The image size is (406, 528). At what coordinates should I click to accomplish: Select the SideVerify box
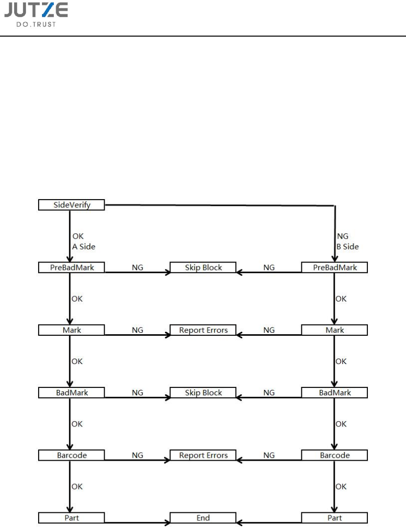[x=72, y=205]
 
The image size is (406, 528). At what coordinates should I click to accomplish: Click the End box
[x=203, y=518]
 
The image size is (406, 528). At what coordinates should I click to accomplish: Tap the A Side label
[x=84, y=246]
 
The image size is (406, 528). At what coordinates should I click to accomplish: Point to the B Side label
[x=347, y=246]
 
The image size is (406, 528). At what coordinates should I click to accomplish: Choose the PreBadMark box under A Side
[x=72, y=267]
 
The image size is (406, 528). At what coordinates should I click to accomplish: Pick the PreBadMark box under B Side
[x=335, y=267]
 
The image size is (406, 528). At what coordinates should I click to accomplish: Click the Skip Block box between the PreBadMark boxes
[x=203, y=267]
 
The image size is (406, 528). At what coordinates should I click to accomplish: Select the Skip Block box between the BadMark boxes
[x=203, y=392]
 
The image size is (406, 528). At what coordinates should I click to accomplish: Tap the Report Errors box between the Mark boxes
[x=203, y=330]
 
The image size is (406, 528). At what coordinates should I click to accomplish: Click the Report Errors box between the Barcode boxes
[x=203, y=455]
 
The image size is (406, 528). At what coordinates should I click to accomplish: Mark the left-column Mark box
[x=72, y=330]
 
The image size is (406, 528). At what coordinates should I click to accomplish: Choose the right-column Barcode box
[x=335, y=455]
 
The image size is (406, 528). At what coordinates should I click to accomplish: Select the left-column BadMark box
[x=72, y=392]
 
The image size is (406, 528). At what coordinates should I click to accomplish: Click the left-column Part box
[x=72, y=518]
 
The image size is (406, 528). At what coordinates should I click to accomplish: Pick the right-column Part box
[x=335, y=518]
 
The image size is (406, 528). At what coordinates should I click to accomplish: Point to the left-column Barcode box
[x=72, y=455]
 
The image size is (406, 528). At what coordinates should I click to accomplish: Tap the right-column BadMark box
[x=335, y=392]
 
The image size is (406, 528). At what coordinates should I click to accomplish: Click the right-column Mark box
[x=335, y=330]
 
